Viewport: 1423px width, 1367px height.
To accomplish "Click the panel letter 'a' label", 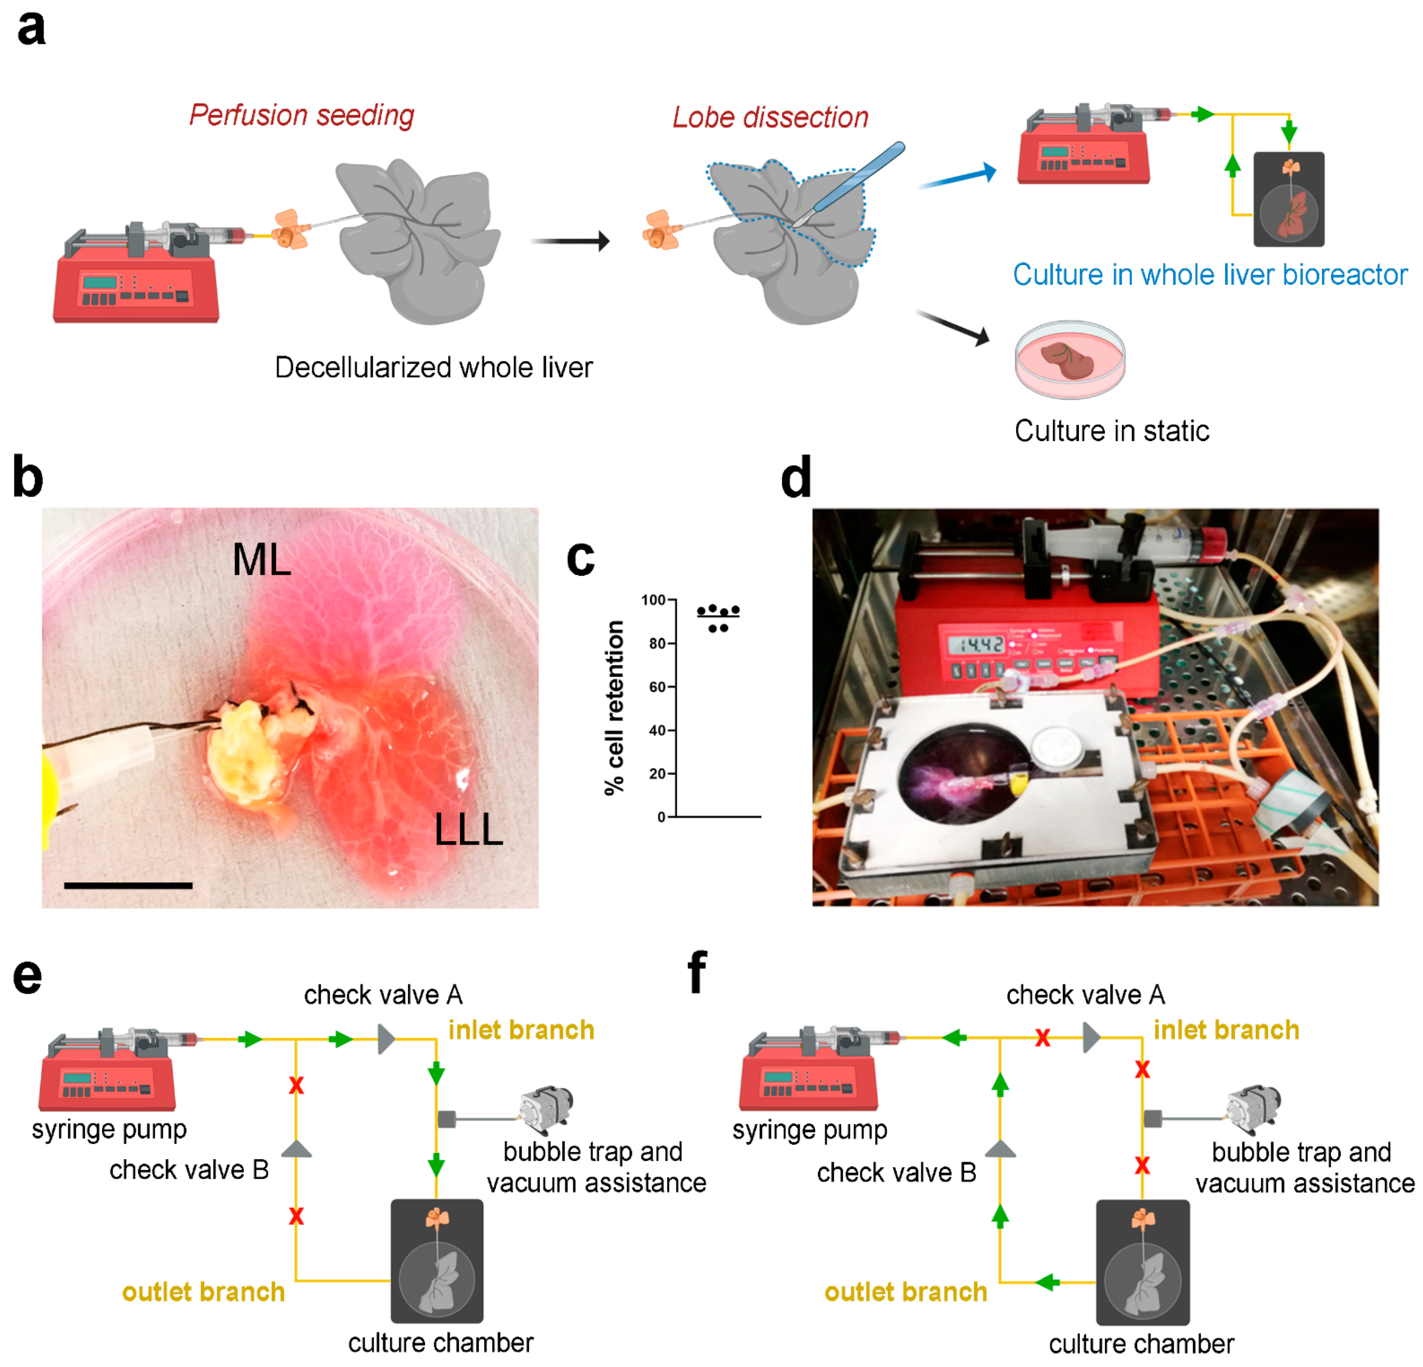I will (31, 29).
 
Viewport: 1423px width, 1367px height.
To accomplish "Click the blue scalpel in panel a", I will (857, 181).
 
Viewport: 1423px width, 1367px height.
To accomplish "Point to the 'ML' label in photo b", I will (261, 560).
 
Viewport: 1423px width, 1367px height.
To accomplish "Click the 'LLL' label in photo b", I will (468, 829).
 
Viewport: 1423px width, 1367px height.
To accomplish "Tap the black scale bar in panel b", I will (128, 885).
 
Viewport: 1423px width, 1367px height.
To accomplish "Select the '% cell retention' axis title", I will (614, 708).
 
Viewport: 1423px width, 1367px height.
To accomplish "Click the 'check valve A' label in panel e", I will (383, 995).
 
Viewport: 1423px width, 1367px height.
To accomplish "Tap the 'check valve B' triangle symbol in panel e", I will (296, 1149).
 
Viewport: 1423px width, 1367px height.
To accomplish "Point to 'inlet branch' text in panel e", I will (521, 1030).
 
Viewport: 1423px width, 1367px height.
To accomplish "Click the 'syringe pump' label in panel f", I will (809, 1130).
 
